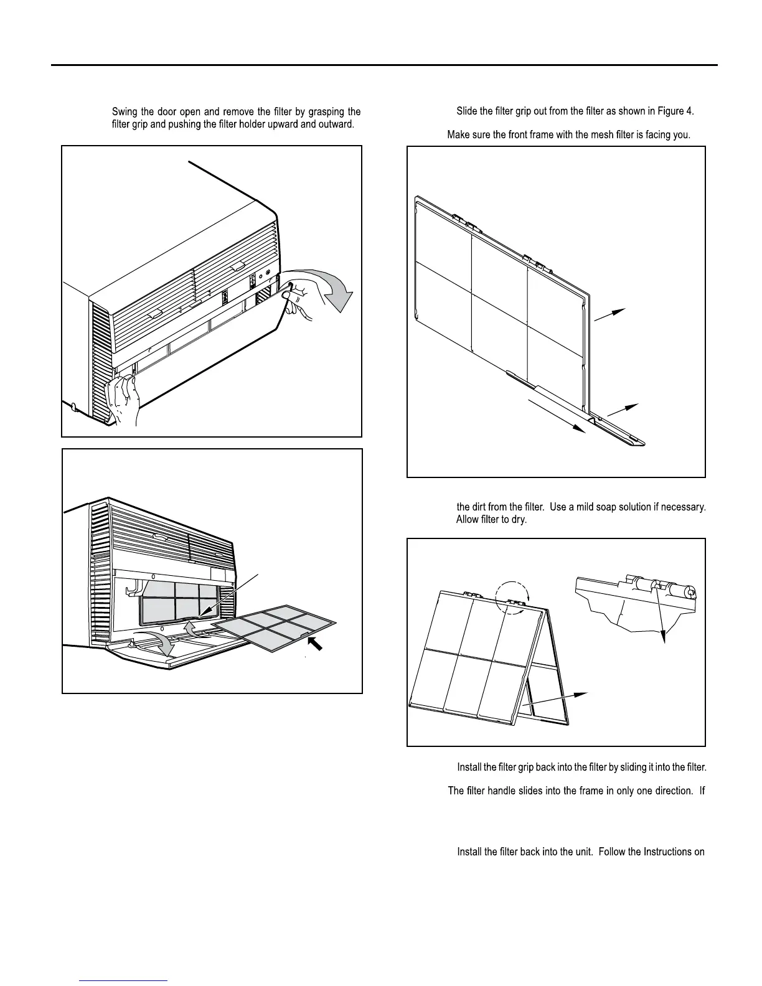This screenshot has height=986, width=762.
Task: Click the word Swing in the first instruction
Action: click(x=125, y=112)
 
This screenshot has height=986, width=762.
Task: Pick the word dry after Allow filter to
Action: click(x=519, y=520)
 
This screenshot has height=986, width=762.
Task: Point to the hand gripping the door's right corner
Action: click(x=298, y=298)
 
